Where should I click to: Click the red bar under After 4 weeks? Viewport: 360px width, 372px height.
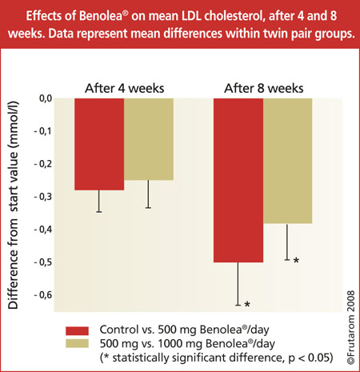point(98,144)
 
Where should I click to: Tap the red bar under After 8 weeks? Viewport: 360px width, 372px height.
point(238,180)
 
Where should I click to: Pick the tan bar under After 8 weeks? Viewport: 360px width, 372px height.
point(287,161)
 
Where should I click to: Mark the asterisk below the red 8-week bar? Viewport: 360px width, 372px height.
point(247,305)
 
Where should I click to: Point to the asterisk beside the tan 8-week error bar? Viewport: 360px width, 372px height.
point(296,261)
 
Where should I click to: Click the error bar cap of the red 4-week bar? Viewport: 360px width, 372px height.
point(98,212)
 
